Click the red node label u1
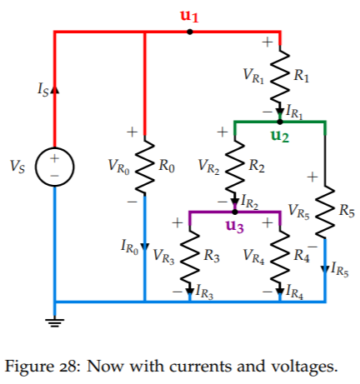click(x=189, y=16)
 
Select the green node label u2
click(x=280, y=136)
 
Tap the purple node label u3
click(x=235, y=226)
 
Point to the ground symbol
click(x=55, y=323)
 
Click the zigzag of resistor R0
click(x=144, y=166)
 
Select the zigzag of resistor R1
click(x=280, y=76)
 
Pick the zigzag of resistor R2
click(x=235, y=166)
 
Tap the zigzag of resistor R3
click(x=190, y=256)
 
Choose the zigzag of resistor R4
click(x=280, y=256)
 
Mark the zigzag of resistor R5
click(x=325, y=211)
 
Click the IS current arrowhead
click(x=55, y=89)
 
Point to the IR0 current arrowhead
click(x=144, y=247)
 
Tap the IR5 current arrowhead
click(x=325, y=269)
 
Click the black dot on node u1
click(x=190, y=32)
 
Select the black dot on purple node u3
click(x=235, y=212)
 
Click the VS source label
click(x=17, y=167)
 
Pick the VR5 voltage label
click(x=298, y=212)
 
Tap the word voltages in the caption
click(x=304, y=367)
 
